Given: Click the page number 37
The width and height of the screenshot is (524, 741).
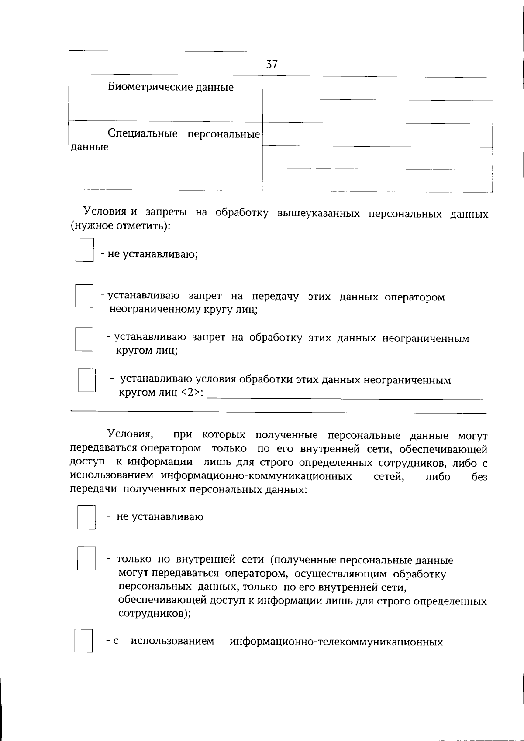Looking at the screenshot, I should click(272, 65).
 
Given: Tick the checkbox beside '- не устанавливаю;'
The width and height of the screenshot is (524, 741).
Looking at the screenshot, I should click(85, 249).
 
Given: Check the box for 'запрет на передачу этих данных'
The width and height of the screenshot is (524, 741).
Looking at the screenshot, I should click(84, 296).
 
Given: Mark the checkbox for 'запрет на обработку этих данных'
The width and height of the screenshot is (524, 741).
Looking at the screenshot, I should click(84, 339).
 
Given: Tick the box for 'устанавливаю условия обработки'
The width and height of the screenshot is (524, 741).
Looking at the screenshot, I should click(86, 380).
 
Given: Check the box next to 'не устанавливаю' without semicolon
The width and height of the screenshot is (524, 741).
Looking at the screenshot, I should click(86, 517).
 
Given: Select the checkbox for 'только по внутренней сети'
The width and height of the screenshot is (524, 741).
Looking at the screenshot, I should click(86, 559).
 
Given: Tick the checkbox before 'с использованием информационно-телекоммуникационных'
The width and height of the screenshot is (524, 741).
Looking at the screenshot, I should click(83, 640).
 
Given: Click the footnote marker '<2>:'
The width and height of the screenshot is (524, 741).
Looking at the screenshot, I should click(192, 392).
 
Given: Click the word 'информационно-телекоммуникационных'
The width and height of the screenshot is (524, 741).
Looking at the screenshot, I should click(336, 642).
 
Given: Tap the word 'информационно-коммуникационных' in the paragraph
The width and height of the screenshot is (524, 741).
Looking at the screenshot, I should click(256, 476).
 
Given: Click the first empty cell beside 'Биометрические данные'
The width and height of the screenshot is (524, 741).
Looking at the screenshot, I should click(378, 89).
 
